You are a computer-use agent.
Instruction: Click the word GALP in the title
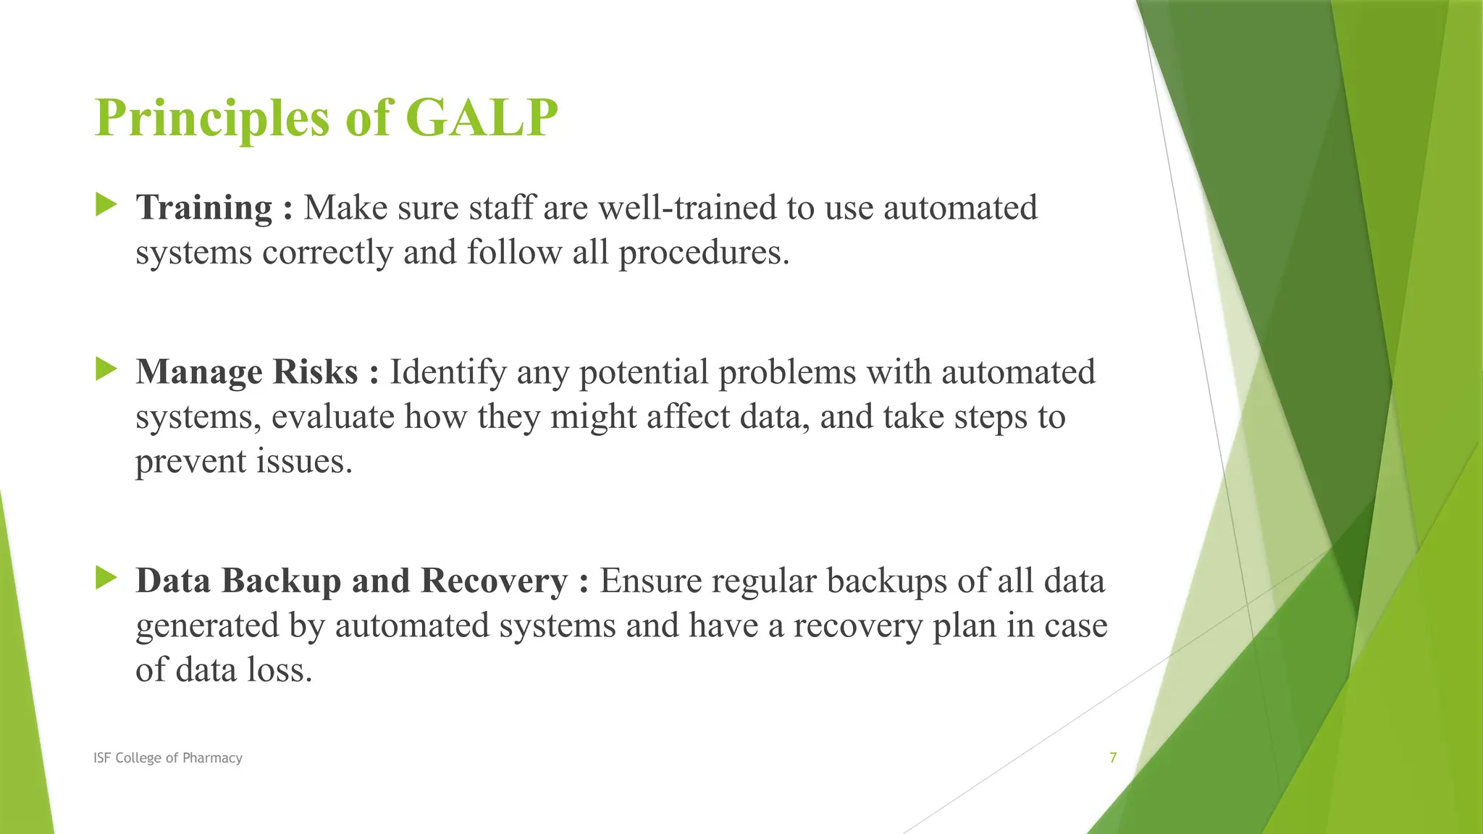pyautogui.click(x=482, y=118)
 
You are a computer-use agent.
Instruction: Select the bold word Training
pyautogui.click(x=203, y=208)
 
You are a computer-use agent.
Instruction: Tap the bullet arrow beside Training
pyautogui.click(x=106, y=205)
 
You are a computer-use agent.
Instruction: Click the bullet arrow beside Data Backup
pyautogui.click(x=106, y=578)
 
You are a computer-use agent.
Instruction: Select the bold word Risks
pyautogui.click(x=315, y=372)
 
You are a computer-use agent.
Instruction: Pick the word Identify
pyautogui.click(x=448, y=372)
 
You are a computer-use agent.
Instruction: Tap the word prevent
pyautogui.click(x=190, y=462)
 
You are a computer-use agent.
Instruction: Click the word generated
pyautogui.click(x=206, y=625)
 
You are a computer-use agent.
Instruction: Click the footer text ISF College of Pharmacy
pyautogui.click(x=168, y=758)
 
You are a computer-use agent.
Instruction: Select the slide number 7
pyautogui.click(x=1113, y=758)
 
